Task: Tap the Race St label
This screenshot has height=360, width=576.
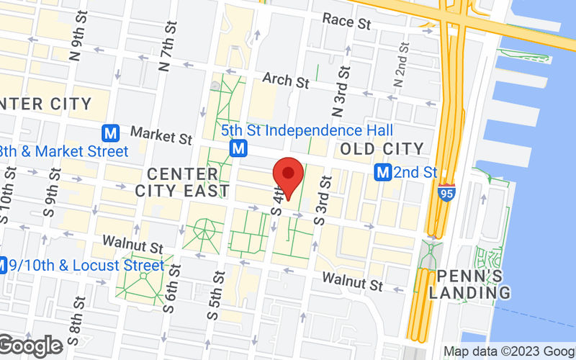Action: pyautogui.click(x=346, y=22)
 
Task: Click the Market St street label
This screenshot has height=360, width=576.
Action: pyautogui.click(x=161, y=135)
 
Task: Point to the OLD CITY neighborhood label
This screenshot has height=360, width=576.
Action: pyautogui.click(x=382, y=149)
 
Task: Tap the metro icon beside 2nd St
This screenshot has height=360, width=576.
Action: pyautogui.click(x=384, y=173)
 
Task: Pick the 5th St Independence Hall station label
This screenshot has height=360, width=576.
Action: pyautogui.click(x=307, y=130)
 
